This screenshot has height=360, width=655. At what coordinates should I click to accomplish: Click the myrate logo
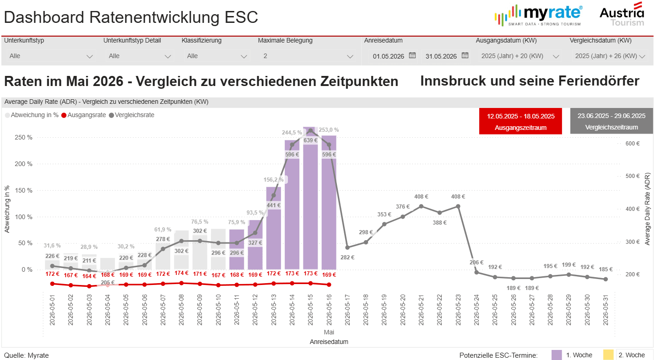coord(539,15)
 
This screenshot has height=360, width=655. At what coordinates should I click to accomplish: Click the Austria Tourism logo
coord(622,15)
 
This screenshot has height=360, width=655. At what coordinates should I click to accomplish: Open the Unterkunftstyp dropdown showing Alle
coord(51,56)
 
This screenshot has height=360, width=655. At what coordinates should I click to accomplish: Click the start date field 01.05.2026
coord(388,56)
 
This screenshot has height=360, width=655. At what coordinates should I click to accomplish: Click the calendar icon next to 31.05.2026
coord(465,55)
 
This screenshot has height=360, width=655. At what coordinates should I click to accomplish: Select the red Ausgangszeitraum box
coord(520,122)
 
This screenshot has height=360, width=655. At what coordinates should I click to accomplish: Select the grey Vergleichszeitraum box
coord(611,122)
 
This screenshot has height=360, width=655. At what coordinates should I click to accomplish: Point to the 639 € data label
coord(310,140)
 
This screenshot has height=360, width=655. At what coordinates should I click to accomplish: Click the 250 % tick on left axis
coord(23,138)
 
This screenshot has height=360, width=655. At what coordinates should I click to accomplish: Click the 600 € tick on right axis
coord(632,144)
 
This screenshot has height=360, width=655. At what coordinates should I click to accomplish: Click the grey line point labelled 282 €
coord(347,247)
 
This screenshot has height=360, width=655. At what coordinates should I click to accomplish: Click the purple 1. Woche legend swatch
coord(557,355)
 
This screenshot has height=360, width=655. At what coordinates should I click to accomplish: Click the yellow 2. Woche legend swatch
coord(608,355)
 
